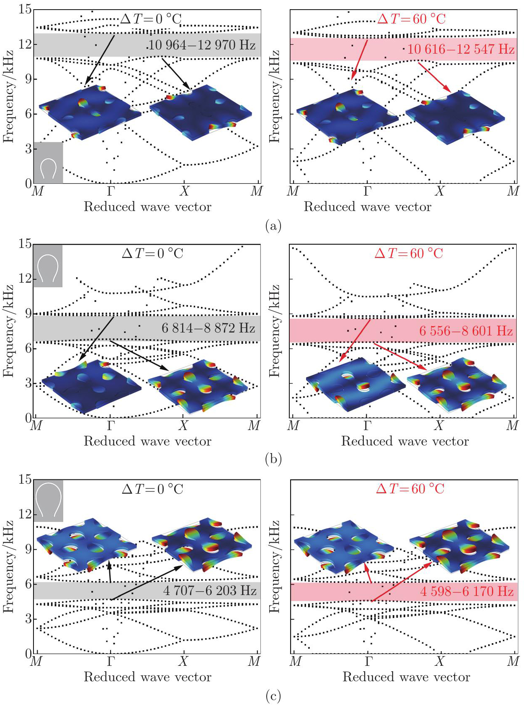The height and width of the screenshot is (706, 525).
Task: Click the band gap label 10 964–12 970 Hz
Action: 202,45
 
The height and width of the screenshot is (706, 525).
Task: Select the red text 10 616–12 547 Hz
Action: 461,49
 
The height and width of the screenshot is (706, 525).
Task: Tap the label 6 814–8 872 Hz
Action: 208,328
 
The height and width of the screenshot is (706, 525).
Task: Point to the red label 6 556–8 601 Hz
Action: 466,331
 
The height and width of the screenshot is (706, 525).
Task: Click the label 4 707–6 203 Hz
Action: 210,590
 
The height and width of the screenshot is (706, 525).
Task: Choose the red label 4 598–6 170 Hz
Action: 466,591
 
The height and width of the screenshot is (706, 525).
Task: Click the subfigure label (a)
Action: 273,226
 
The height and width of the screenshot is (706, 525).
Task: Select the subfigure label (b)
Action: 273,459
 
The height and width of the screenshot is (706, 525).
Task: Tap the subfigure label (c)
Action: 273,696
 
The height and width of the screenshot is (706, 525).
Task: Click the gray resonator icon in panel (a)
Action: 48,163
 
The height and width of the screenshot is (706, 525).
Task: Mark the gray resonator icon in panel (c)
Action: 49,501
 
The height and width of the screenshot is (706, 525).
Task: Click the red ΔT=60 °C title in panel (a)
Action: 411,19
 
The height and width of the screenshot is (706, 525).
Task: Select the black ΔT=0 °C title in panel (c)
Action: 152,489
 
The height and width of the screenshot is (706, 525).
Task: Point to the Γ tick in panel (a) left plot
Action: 111,191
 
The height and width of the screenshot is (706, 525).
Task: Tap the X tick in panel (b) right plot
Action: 438,426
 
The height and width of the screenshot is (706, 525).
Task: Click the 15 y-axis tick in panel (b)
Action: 25,244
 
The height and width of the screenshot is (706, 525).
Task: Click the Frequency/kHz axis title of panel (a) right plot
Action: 274,96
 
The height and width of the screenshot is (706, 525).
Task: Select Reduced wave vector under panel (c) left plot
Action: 147,677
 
